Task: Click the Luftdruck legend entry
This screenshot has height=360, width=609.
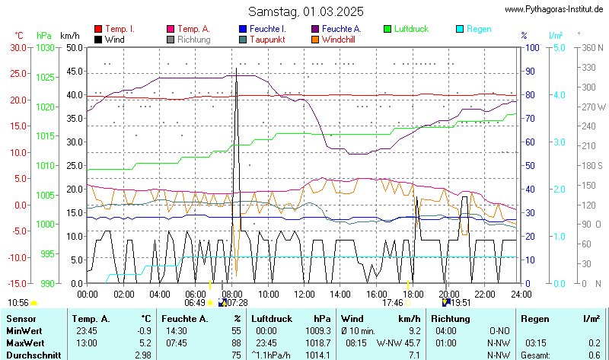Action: coord(411,29)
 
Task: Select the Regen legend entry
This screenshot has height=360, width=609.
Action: coord(479,29)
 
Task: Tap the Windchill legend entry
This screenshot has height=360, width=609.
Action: coord(338,39)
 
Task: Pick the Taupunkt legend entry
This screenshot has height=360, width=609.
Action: coord(266,39)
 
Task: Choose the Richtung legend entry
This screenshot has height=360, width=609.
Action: coord(194,39)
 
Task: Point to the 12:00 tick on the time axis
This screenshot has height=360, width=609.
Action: coord(304,293)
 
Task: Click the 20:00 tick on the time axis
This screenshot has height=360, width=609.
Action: coord(449,293)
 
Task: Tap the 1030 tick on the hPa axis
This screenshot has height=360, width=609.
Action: coord(45,47)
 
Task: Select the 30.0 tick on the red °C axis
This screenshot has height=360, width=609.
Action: coord(18,47)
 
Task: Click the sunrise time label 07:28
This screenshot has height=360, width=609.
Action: coord(238,302)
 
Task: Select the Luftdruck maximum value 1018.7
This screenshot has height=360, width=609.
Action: coord(318,343)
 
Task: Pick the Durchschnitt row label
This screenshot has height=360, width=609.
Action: coord(30,355)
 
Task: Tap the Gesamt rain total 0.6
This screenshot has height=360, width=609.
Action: coord(594,355)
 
